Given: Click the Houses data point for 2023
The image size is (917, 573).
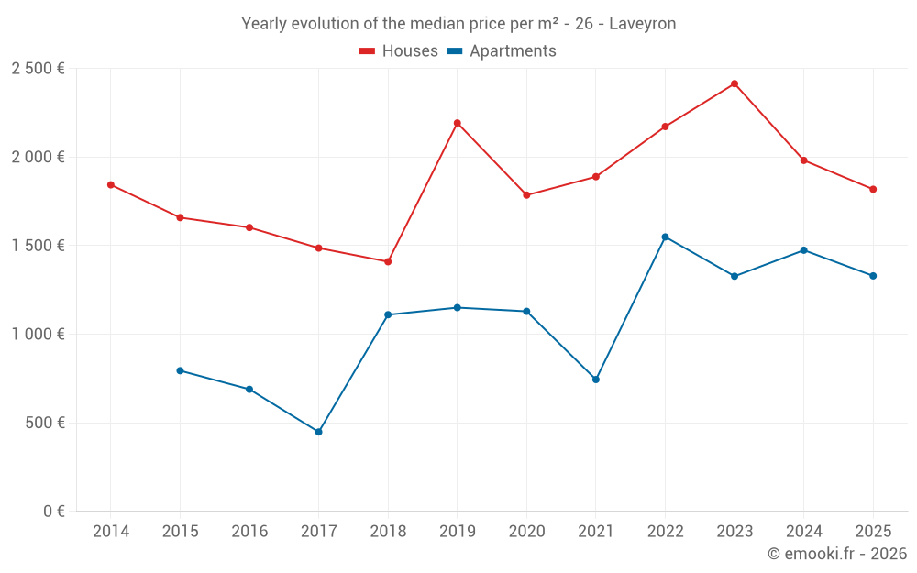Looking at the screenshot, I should pos(735,83).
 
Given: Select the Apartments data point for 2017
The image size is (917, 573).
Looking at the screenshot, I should pos(318,432).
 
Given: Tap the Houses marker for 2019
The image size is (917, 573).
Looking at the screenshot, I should pos(457,123).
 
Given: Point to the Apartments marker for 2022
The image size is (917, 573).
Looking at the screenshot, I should pos(665,237).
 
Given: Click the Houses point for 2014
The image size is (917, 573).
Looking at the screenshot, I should pos(110,184).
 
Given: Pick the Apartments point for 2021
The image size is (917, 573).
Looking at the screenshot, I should pos(596,380).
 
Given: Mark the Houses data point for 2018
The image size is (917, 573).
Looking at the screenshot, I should pos(388,262).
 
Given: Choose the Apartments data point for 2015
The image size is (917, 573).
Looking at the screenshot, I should pos(180,370).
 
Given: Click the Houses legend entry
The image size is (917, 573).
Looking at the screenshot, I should pos(399,51).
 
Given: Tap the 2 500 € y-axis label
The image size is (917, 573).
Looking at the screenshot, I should pos(38,69).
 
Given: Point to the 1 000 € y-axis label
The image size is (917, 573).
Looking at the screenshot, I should pos(38,335).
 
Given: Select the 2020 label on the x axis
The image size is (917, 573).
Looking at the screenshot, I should pos(526,532).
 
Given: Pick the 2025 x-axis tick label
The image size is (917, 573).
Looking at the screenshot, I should pos(873,532).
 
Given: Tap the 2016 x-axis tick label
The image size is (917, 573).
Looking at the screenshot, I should pos(249,532).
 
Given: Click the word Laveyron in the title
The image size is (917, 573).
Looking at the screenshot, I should pos(642,24).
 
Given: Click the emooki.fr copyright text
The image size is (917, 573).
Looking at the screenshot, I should pos(836,554).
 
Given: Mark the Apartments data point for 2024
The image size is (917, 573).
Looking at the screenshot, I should pos(803,250).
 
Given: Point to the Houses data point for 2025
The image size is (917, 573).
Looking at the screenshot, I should pos(873,189).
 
